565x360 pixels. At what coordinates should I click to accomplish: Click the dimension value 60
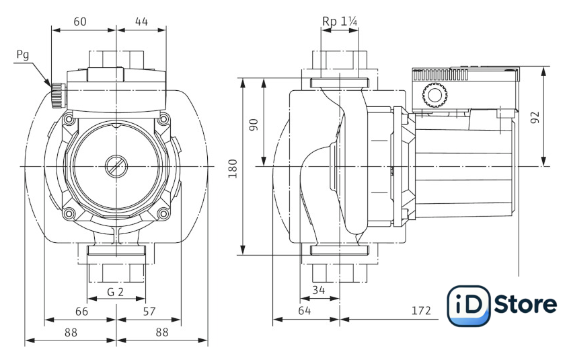80,22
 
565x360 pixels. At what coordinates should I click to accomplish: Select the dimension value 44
141,22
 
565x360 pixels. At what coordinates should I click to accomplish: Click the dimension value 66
80,311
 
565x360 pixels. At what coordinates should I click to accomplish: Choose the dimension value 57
149,311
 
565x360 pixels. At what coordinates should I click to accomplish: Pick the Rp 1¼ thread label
340,22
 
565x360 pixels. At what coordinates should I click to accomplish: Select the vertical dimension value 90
254,124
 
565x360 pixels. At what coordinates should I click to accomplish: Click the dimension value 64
305,311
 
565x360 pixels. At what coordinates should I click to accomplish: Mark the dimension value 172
420,311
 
